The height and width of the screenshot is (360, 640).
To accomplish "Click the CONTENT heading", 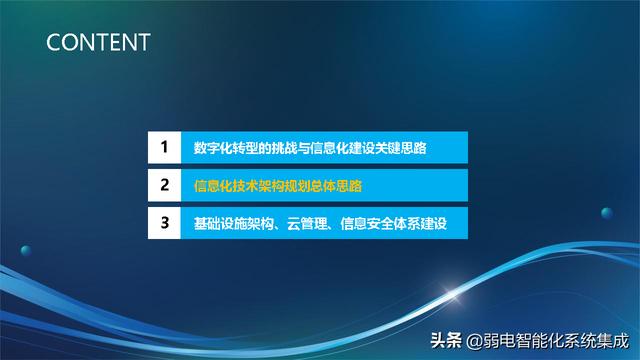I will [x=98, y=42].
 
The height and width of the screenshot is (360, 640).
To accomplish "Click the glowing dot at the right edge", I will [x=606, y=212].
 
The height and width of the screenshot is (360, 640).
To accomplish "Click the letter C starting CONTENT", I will [x=54, y=42].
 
